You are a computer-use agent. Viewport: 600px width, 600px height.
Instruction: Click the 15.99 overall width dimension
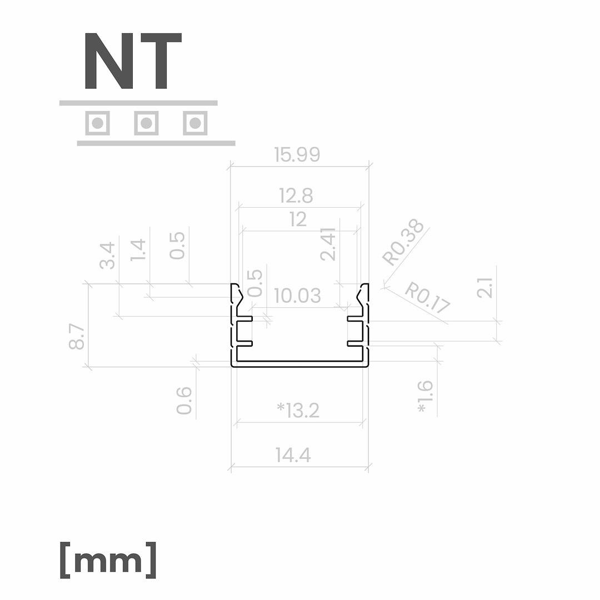(297, 154)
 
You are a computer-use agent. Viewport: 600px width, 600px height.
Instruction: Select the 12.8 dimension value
(296, 196)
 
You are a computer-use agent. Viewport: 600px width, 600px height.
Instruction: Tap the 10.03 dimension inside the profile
(297, 296)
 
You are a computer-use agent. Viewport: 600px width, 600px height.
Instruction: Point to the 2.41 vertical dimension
(328, 244)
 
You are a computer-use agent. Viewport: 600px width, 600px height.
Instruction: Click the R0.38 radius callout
(403, 242)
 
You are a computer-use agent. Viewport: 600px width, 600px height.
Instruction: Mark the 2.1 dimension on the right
(484, 287)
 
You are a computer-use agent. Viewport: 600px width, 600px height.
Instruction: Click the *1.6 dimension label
(426, 397)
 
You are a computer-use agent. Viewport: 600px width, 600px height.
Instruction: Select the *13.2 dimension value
(298, 410)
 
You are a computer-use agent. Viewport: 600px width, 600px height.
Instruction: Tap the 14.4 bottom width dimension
(293, 455)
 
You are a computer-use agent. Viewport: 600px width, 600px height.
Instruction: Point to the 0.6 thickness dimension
(184, 400)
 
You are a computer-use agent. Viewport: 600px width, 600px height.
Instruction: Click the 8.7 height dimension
(77, 336)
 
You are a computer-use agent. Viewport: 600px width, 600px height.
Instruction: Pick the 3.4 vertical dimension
(107, 255)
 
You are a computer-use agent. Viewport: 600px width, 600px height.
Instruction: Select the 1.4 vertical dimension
(138, 250)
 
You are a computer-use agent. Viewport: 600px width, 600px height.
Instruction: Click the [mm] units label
(108, 559)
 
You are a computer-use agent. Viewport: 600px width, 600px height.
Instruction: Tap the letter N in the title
(109, 61)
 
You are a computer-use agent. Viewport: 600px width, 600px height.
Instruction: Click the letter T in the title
(158, 61)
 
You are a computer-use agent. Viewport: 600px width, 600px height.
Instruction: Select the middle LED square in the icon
(146, 123)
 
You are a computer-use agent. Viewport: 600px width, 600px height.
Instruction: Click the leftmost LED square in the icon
(97, 123)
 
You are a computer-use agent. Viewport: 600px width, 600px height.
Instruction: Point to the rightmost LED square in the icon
(195, 123)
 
